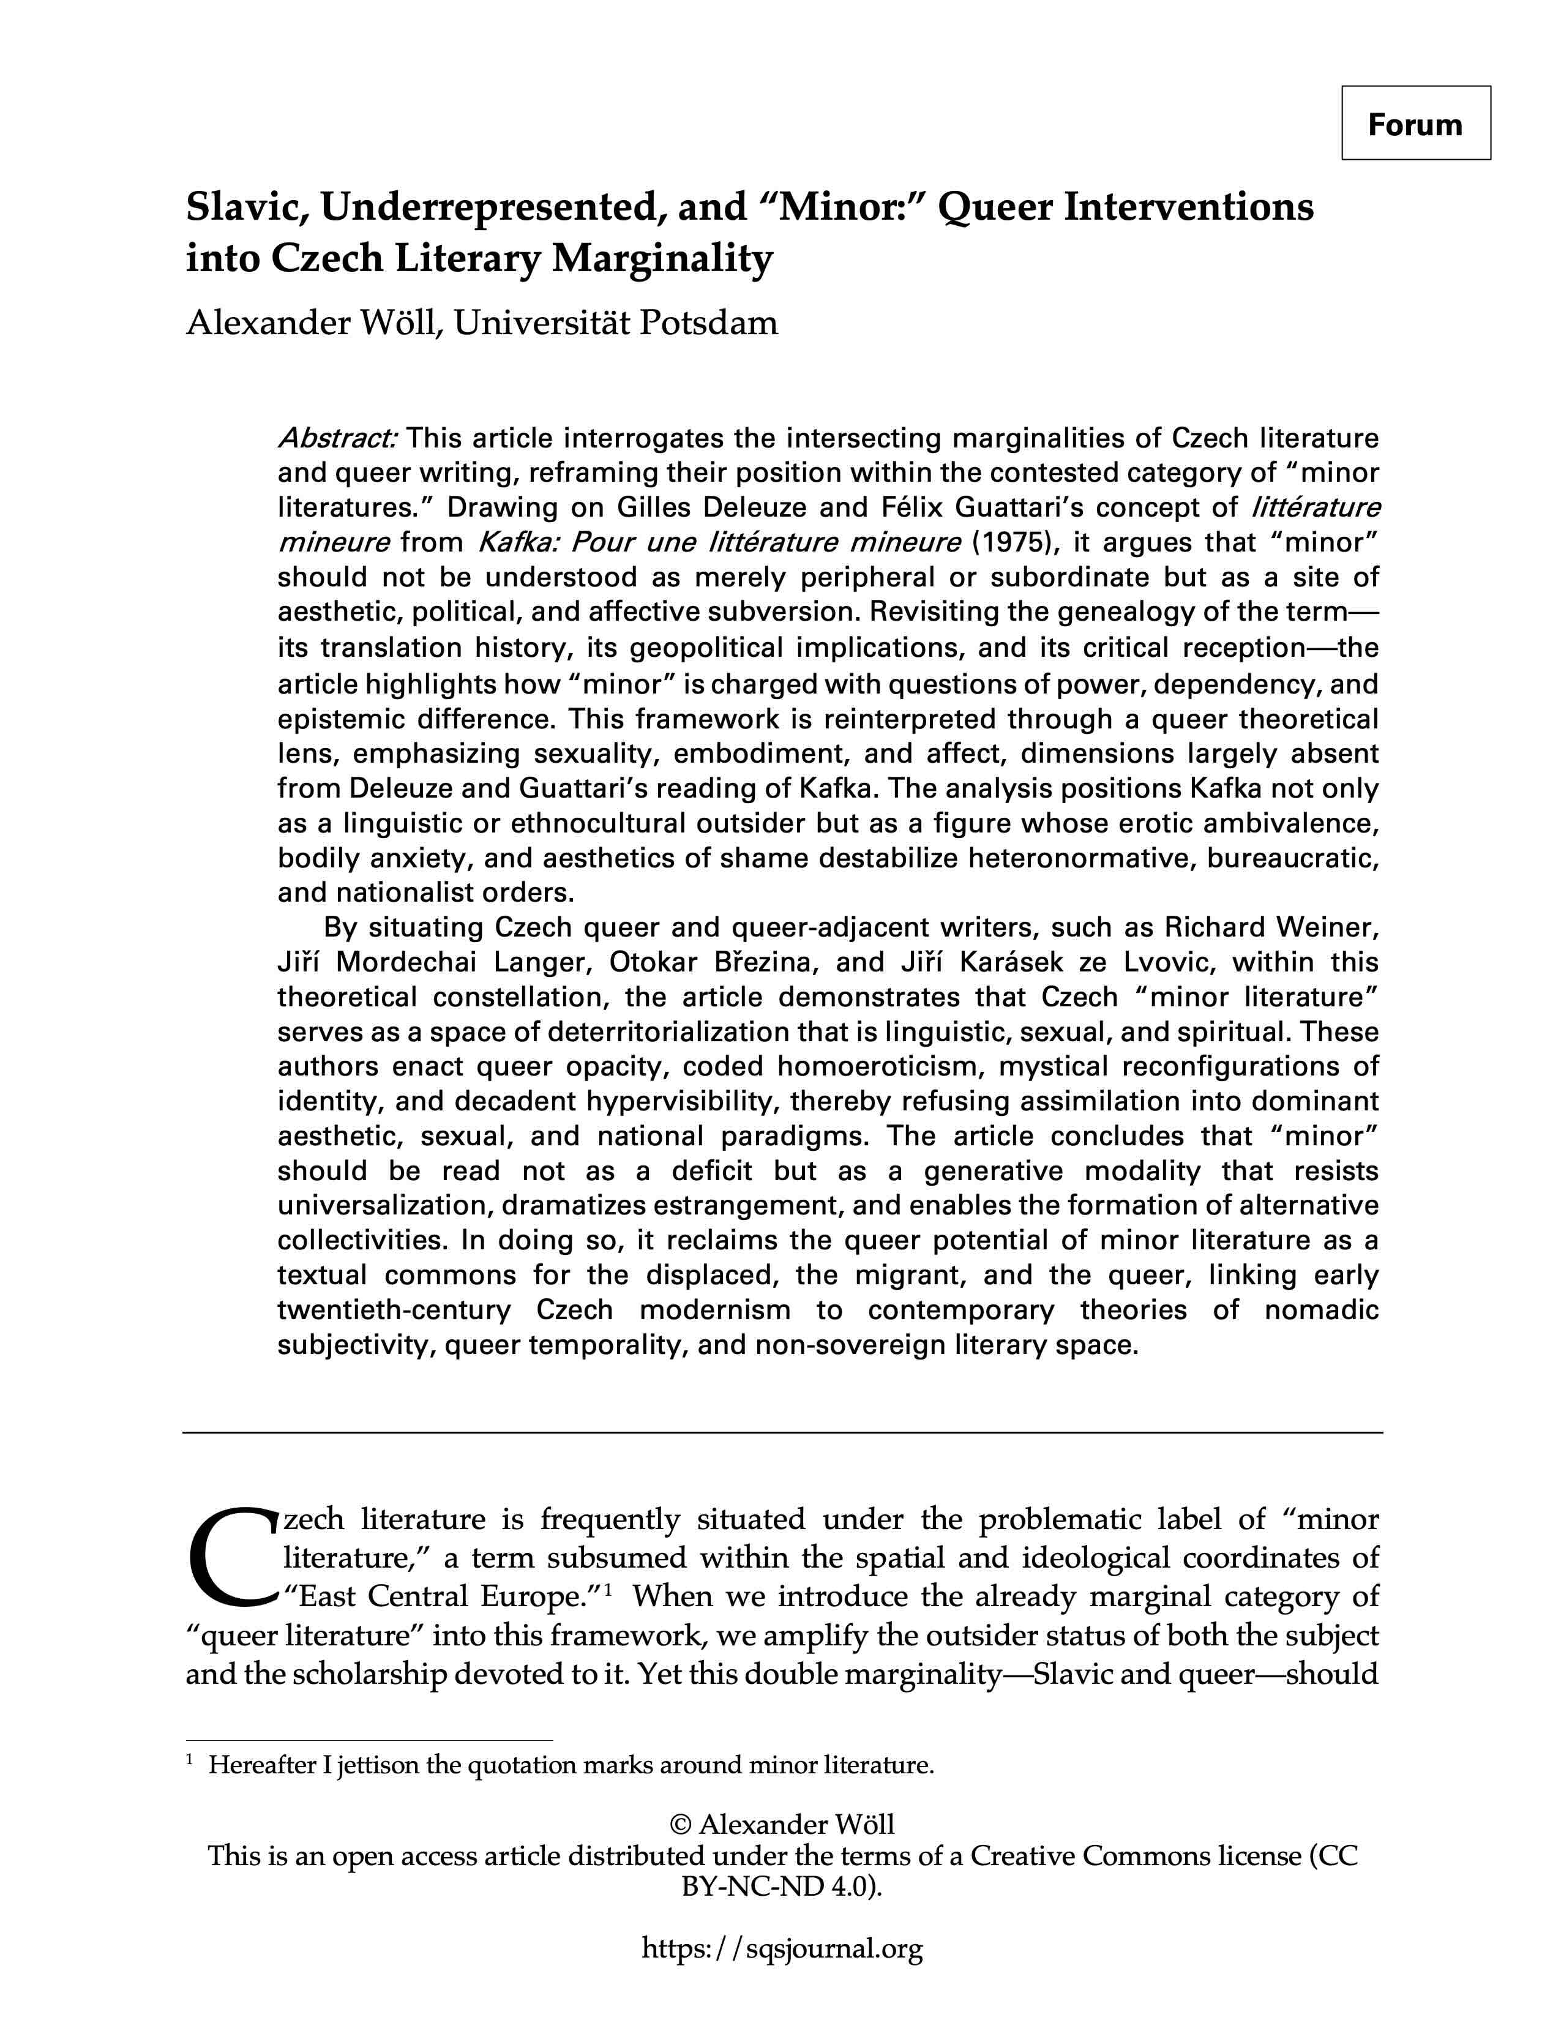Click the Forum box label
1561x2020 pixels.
1415,124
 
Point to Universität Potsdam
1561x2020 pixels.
615,323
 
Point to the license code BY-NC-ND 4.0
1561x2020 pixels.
779,1887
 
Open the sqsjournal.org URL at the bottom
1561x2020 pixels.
782,1949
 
